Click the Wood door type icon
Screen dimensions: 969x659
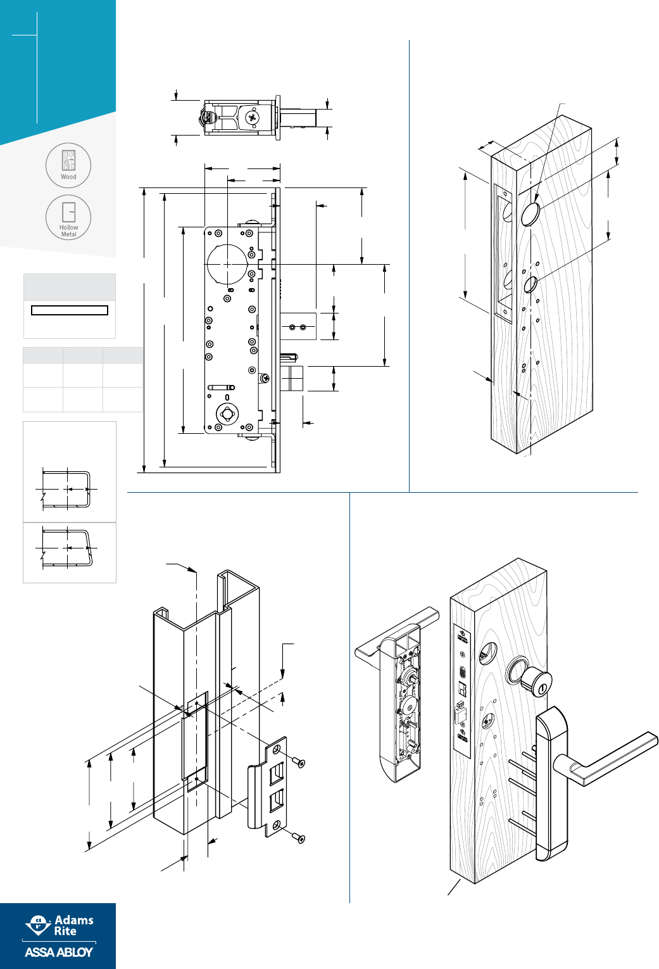(68, 165)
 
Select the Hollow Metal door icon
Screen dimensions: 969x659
(68, 217)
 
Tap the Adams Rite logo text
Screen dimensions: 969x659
(73, 925)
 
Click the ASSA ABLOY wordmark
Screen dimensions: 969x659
(59, 952)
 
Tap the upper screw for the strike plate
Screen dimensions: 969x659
(298, 762)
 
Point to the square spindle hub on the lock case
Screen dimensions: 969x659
(227, 414)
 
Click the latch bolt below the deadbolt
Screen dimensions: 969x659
(292, 379)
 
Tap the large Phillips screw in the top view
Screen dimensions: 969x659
(253, 118)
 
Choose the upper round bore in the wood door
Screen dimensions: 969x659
(530, 214)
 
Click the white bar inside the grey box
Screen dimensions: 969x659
(70, 310)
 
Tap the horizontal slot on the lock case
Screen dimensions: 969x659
(222, 387)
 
